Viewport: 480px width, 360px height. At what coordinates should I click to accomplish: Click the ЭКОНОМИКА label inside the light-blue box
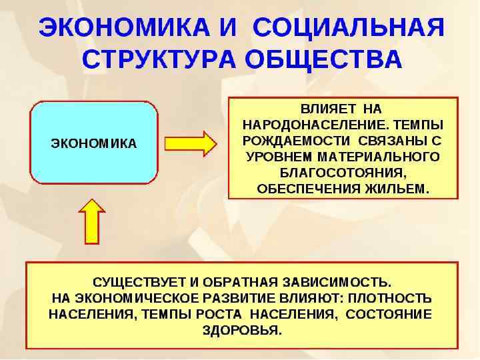click(94, 143)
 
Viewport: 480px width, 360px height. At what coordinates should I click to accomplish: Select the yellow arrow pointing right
click(190, 143)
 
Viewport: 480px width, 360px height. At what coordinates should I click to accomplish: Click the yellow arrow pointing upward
click(92, 221)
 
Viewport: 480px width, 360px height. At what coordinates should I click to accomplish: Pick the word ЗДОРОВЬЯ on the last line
click(242, 330)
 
